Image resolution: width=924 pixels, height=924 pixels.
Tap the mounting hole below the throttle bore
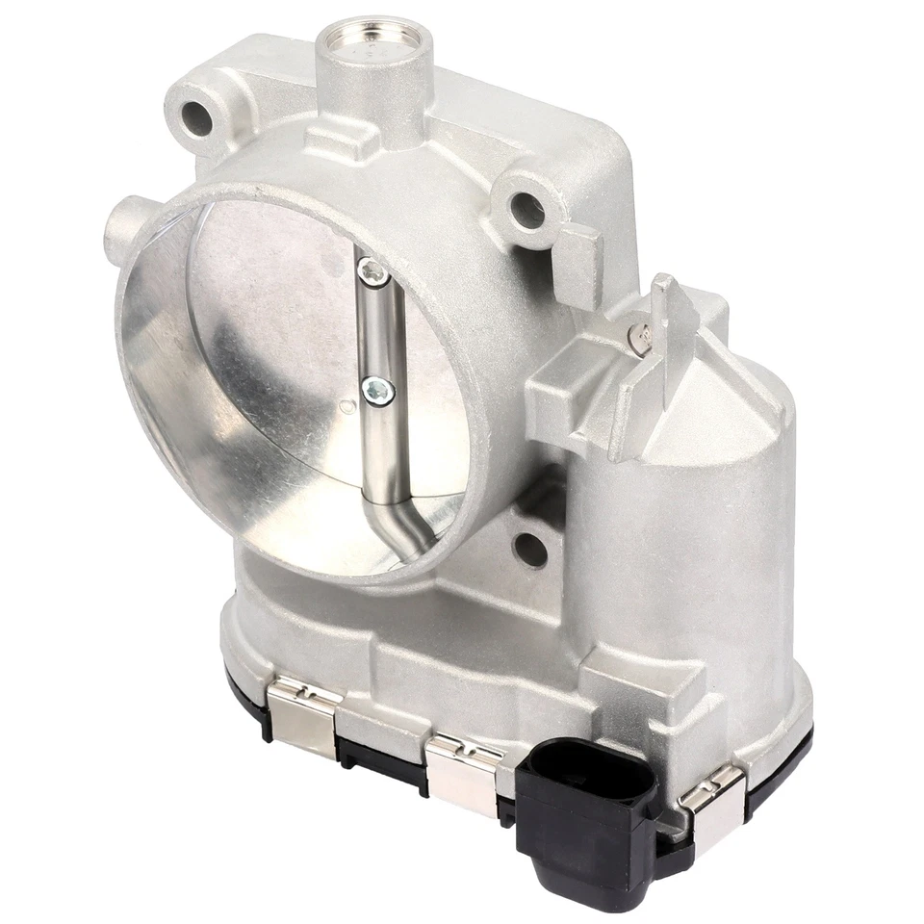tap(528, 548)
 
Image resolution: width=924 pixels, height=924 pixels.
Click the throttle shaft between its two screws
tap(375, 332)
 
